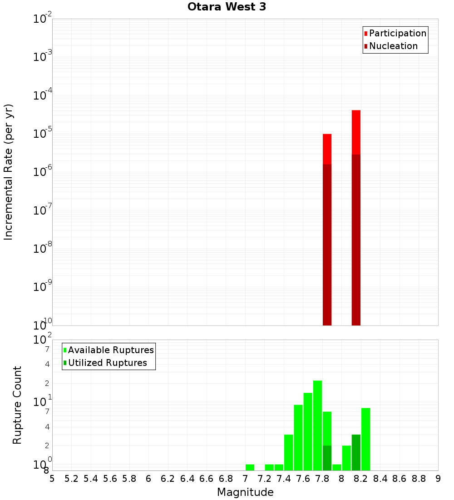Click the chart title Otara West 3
pos(227,7)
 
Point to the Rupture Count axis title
pos(17,405)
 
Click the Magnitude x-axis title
pos(245,492)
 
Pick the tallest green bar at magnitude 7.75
pos(317,425)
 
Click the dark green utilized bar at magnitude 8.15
pos(356,452)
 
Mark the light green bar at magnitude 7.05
pos(250,467)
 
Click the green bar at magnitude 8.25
pos(365,439)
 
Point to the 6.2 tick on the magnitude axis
pos(168,479)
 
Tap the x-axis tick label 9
pos(438,479)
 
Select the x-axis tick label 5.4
pos(91,479)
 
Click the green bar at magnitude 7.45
pos(288,452)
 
